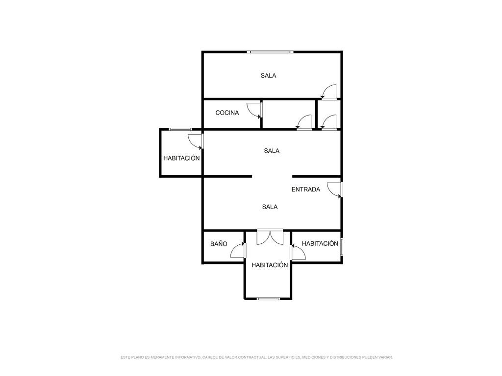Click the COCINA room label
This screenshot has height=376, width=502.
coord(227,113)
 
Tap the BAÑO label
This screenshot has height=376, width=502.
coord(219,244)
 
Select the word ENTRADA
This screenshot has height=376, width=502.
coord(306,189)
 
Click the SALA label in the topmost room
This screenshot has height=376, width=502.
coord(268,76)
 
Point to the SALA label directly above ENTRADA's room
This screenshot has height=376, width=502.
coord(272,151)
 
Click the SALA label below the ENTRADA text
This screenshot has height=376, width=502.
coord(270,207)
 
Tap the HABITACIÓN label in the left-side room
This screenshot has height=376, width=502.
coord(181,158)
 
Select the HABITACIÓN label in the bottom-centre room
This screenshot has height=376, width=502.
coord(270,265)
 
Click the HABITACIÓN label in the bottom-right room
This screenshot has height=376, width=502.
coord(320,243)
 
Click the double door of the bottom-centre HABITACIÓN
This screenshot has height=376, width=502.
coord(270,237)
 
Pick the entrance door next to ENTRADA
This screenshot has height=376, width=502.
coord(335,190)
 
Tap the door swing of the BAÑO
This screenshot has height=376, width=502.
coord(238,250)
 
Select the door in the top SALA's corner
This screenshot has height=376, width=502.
coord(328,92)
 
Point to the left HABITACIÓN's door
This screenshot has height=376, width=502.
coord(196,141)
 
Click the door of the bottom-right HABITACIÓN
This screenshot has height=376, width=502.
coord(298,252)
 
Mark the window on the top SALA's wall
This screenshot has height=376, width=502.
coord(270,52)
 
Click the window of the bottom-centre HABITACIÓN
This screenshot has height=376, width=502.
coord(268,299)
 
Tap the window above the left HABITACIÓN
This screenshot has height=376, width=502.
coord(180,129)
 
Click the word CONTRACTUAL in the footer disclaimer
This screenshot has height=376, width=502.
coord(252,357)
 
